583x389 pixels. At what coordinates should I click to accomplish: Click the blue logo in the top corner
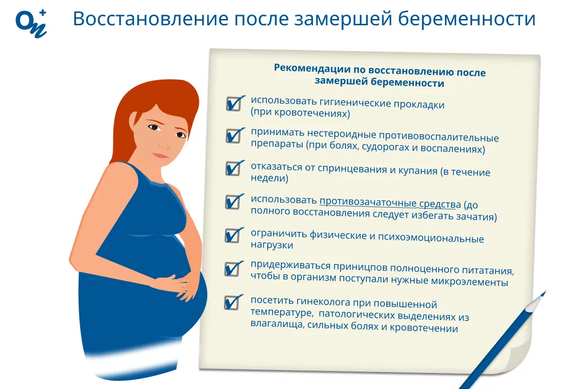[31, 24]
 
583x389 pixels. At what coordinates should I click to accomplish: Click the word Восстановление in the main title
[151, 19]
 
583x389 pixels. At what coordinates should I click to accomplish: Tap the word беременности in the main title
[467, 19]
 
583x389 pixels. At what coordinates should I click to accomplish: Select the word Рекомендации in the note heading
[312, 68]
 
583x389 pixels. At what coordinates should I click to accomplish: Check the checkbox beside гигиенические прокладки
[234, 104]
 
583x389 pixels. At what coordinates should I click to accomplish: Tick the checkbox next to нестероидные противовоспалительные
[233, 136]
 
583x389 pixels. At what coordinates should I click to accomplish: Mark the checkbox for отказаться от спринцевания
[233, 168]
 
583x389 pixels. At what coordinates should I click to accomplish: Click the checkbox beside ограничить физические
[232, 235]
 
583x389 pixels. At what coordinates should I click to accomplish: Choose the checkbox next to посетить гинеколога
[232, 302]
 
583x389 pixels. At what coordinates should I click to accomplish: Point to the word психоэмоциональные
[431, 238]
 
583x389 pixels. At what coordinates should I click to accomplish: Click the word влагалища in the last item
[277, 324]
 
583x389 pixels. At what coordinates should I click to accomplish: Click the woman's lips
[161, 156]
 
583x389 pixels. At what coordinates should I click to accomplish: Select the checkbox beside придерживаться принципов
[232, 269]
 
